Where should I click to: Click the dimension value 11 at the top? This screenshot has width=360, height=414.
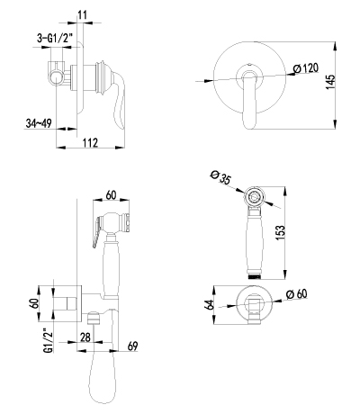(82, 14)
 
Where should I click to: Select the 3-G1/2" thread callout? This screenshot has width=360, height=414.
(54, 38)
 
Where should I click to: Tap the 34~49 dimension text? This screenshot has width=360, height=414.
(39, 123)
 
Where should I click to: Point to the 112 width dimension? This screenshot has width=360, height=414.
(91, 142)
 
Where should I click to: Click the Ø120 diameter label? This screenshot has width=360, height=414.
(306, 68)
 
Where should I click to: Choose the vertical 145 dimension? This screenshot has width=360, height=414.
(330, 82)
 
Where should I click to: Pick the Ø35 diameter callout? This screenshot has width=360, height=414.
(220, 177)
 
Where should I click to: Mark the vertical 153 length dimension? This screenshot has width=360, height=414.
(279, 233)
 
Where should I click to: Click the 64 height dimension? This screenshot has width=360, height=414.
(210, 304)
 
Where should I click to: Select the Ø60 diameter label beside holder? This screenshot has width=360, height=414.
(297, 294)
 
